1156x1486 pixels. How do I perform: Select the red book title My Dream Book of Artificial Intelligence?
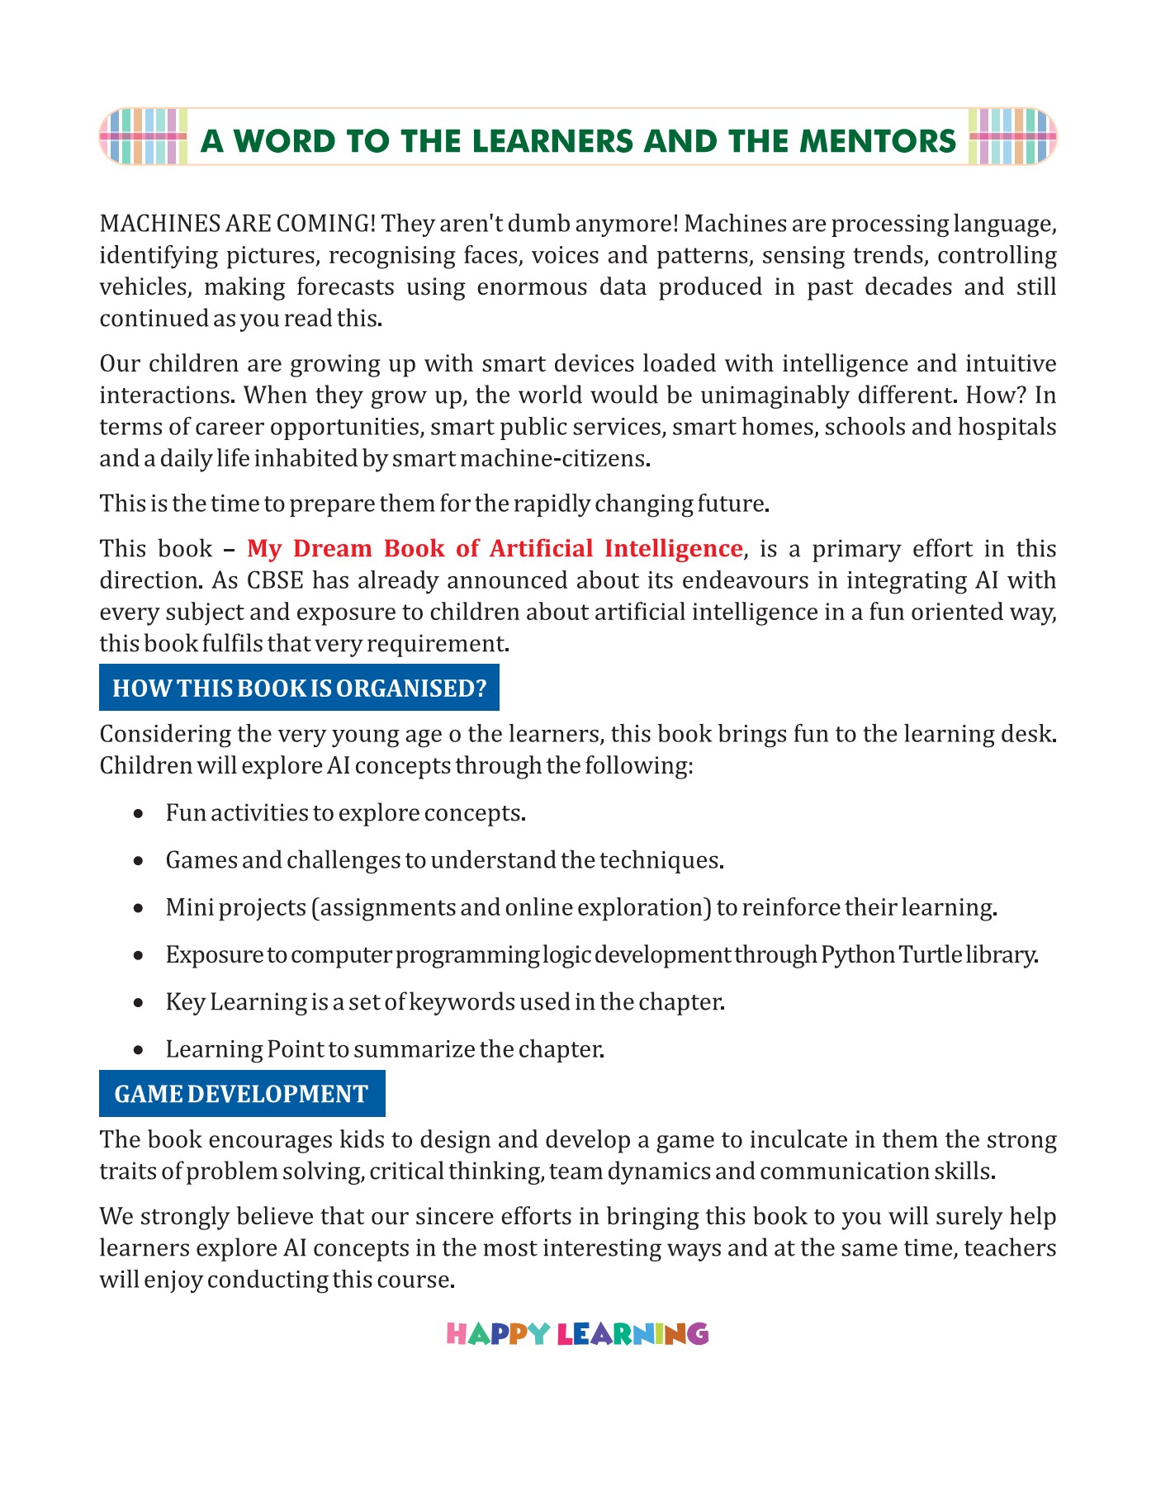[495, 549]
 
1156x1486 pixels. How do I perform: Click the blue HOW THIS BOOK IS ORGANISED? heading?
[299, 688]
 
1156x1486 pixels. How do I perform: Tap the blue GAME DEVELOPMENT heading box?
[241, 1094]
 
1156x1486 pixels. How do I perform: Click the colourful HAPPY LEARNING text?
[577, 1334]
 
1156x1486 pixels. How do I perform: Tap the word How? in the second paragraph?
[996, 395]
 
